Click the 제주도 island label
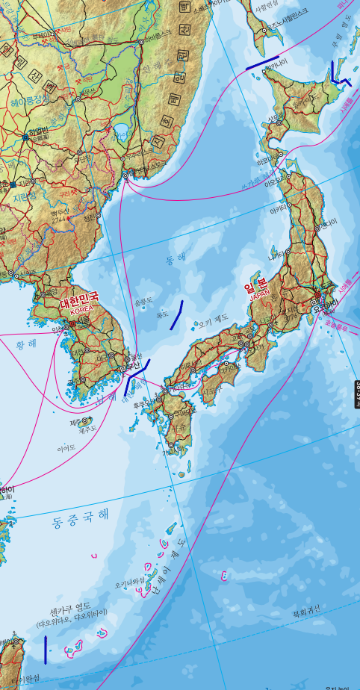click(x=88, y=429)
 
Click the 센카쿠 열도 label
click(x=70, y=606)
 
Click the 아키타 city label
click(x=278, y=211)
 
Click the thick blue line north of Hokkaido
click(x=262, y=63)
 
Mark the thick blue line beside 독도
click(x=176, y=315)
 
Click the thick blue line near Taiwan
click(x=46, y=650)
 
